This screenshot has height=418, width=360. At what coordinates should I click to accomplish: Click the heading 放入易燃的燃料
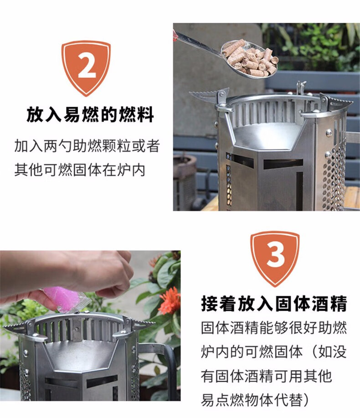(x=90, y=114)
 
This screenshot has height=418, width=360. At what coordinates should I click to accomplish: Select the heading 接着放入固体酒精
(x=274, y=304)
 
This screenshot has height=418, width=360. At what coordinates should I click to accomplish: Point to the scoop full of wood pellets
(x=250, y=59)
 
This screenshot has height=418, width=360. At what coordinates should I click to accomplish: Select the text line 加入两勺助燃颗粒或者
(x=87, y=146)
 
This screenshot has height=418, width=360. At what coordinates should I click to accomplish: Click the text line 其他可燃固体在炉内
(x=80, y=170)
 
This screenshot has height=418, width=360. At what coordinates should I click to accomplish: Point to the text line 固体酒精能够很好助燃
(x=274, y=328)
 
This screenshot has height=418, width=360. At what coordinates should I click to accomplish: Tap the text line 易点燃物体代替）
(x=255, y=400)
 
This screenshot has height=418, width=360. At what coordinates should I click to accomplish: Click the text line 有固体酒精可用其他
(x=267, y=376)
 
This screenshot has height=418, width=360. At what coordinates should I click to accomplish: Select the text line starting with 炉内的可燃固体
(x=274, y=352)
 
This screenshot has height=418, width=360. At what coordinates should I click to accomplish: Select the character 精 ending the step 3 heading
(x=339, y=304)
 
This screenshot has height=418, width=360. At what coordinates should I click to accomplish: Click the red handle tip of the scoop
(x=175, y=35)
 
